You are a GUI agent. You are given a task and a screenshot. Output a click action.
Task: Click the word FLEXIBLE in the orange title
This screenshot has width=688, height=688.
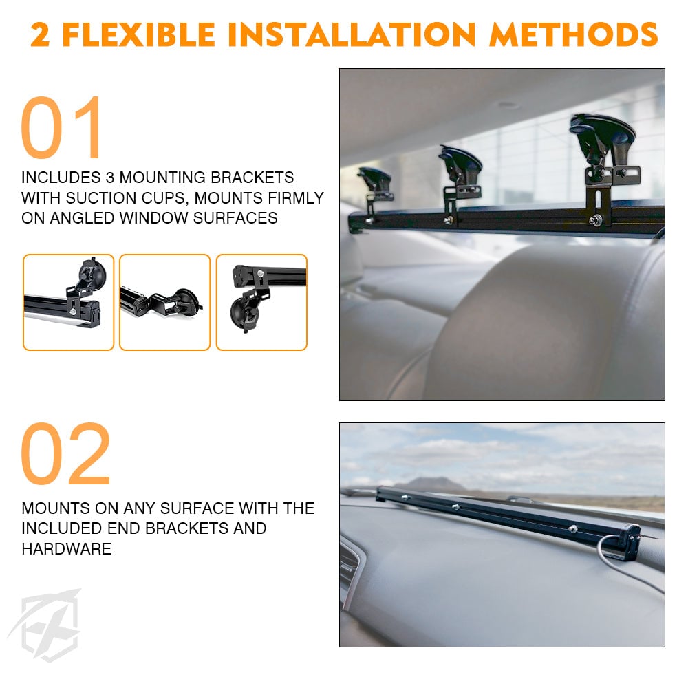point(139,34)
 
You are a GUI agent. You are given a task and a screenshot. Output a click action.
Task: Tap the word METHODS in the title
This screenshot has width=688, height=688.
point(574,34)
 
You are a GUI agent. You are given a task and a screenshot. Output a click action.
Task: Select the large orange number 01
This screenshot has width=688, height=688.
point(61,127)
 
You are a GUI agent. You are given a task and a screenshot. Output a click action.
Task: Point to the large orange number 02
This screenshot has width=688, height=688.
point(65,453)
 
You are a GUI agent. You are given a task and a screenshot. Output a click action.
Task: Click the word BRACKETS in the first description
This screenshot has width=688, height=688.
point(252,178)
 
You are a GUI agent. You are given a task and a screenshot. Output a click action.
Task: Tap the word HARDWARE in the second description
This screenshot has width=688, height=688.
point(66,549)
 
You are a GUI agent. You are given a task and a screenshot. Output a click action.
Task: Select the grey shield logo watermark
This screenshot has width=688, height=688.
point(45,625)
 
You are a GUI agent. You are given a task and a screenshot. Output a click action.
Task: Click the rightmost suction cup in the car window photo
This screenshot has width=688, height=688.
point(602,134)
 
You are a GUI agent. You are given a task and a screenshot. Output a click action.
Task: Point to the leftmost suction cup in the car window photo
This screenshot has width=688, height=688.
point(374,178)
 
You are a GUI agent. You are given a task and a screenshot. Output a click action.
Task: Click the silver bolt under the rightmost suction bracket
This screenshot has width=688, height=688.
point(595,220)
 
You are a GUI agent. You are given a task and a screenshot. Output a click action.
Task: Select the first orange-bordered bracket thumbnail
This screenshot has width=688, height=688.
point(68,302)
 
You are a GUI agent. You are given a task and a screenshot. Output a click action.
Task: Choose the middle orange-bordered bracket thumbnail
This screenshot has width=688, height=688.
point(165,302)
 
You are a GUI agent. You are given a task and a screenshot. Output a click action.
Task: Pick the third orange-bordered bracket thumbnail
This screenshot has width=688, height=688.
point(261,302)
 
